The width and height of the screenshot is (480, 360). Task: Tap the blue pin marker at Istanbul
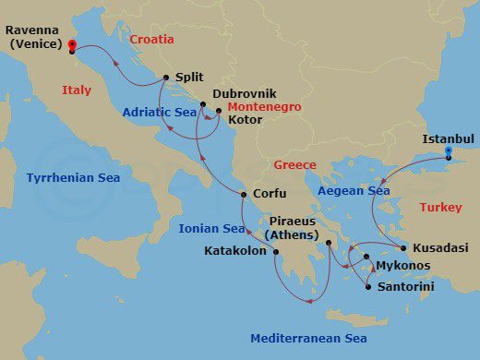click(449, 151)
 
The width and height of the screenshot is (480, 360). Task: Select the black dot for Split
click(165, 78)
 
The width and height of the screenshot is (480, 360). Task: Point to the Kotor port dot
click(219, 112)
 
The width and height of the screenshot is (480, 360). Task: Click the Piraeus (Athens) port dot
click(329, 243)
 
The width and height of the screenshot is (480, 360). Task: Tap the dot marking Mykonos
click(366, 257)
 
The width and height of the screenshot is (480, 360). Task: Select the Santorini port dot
click(368, 287)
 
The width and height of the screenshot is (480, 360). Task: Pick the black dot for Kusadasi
click(403, 248)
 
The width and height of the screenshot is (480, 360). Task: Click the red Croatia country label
click(151, 40)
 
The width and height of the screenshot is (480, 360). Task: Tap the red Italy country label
click(77, 90)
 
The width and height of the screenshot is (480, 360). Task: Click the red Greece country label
click(294, 164)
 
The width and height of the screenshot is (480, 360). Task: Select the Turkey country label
click(440, 208)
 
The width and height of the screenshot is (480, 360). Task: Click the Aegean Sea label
click(354, 190)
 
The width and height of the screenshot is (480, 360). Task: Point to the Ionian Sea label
click(213, 228)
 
